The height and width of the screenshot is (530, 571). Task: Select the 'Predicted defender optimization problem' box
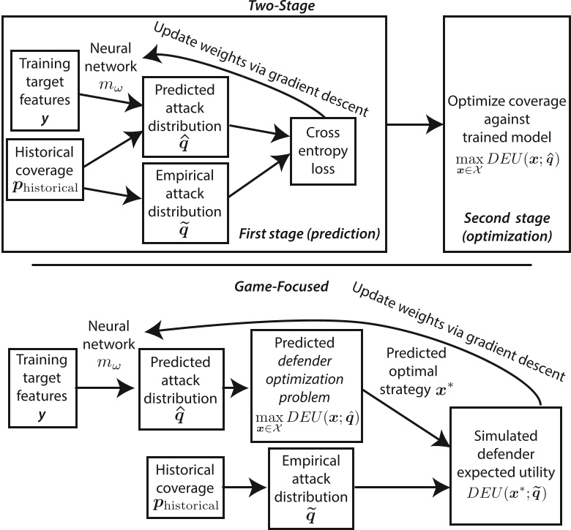[x=307, y=385]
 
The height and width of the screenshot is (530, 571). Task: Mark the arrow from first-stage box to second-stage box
[x=414, y=125]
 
